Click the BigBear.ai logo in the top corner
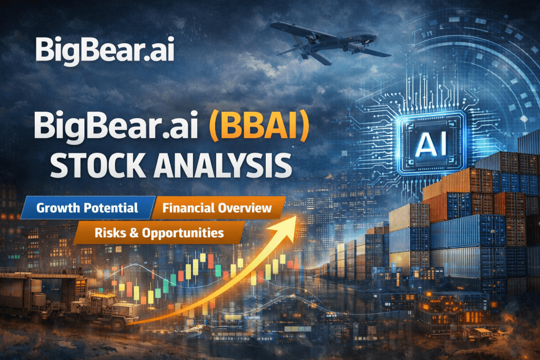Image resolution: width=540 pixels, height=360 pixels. point(104,50)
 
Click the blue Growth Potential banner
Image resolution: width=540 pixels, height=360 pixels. point(87,208)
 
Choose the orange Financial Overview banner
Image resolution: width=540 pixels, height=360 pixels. point(217,208)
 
